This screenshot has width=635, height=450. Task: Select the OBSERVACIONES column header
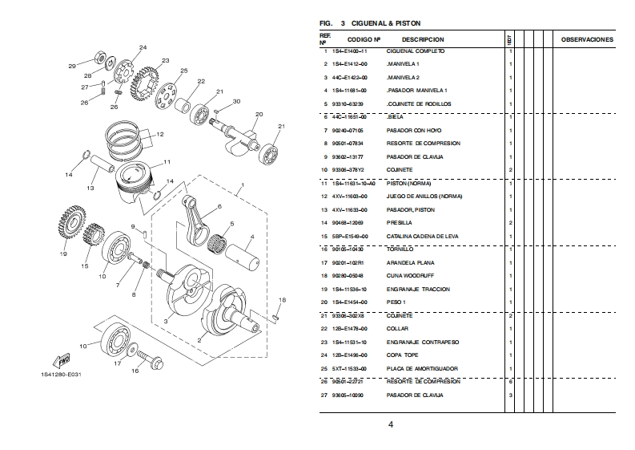click(x=587, y=39)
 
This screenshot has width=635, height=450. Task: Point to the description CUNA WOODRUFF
click(x=408, y=276)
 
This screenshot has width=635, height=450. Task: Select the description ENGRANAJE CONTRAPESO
click(x=422, y=342)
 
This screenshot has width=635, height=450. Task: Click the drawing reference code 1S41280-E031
click(x=61, y=375)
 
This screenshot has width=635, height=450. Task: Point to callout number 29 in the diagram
click(x=71, y=67)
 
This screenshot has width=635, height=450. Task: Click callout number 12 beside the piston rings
click(x=160, y=135)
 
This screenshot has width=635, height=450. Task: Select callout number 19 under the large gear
click(x=63, y=254)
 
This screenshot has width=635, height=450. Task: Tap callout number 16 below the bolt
click(x=135, y=371)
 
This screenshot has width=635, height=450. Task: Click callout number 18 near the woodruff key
click(x=282, y=300)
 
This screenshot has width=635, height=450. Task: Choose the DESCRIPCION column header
click(x=422, y=39)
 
